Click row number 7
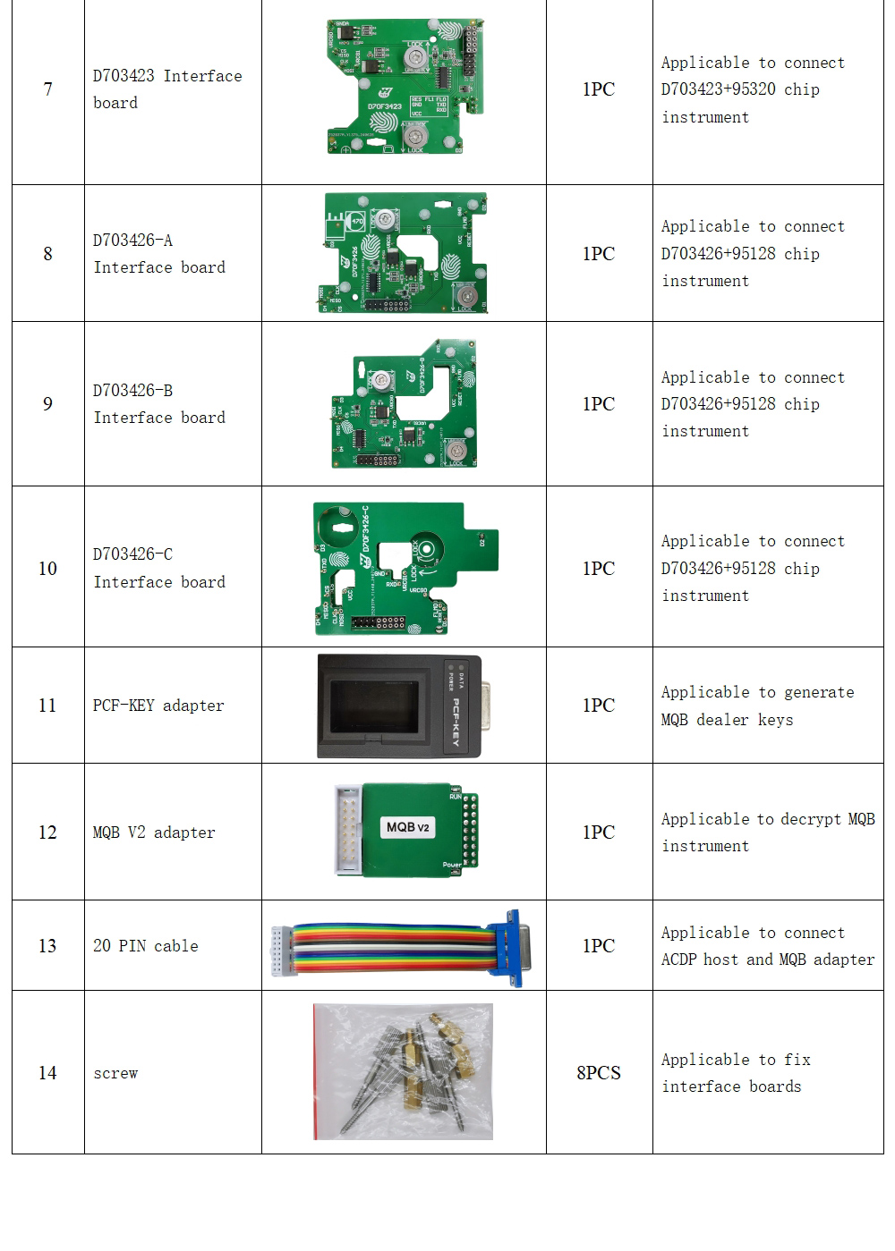pos(47,89)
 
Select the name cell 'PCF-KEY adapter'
pos(158,706)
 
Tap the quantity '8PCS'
pos(598,1072)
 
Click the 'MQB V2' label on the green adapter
pos(408,827)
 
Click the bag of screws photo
pos(403,1071)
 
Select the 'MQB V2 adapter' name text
pos(154,833)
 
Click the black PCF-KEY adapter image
pos(399,706)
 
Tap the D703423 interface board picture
pos(405,88)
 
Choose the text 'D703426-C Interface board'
pos(158,568)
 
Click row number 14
pos(47,1072)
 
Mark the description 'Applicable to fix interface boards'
pos(736,1072)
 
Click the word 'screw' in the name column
pos(115,1073)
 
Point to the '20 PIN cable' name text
pos(146,946)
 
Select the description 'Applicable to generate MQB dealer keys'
pos(757,706)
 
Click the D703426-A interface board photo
pos(405,253)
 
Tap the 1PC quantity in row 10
pos(598,569)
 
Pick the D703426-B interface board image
pos(405,404)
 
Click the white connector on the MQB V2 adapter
pos(348,830)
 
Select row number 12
pos(47,833)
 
